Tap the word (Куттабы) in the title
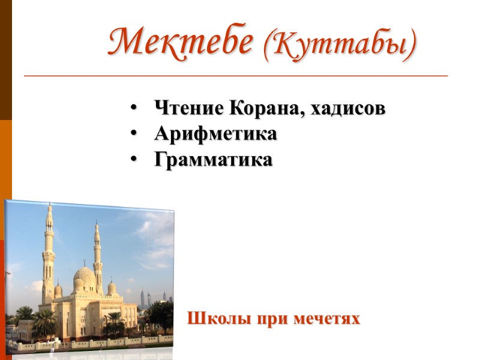tap(340, 44)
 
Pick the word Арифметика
tap(215, 134)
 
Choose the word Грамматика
tap(213, 160)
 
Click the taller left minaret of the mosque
tap(49, 252)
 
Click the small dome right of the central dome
tap(112, 288)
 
